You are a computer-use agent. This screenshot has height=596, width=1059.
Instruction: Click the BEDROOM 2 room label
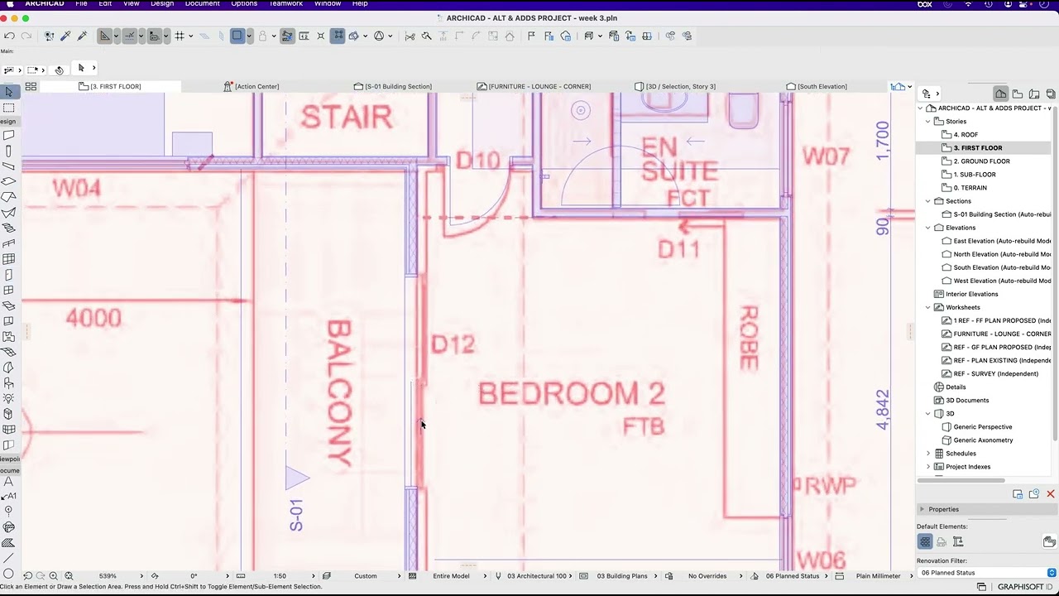[571, 394]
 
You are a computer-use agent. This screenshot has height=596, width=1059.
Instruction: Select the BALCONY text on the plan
[339, 394]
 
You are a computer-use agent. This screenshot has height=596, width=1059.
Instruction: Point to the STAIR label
[346, 118]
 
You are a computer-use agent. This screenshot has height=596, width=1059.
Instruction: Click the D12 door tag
[453, 344]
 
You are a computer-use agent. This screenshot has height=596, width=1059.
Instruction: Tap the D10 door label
[477, 160]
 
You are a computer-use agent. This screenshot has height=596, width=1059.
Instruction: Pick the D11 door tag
[678, 248]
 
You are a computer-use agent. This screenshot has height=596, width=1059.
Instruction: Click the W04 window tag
[76, 189]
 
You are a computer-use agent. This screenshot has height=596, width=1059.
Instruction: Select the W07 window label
[826, 156]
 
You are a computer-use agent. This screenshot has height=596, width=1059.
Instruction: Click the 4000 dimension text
[93, 318]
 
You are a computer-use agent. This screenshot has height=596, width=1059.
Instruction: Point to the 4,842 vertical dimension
[883, 409]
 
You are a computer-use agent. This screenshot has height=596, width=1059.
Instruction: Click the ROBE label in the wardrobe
[748, 338]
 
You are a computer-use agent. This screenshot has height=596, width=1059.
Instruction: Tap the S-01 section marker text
[296, 514]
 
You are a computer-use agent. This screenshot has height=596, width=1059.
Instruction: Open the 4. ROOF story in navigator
[966, 134]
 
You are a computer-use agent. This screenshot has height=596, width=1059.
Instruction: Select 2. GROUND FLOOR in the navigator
[981, 161]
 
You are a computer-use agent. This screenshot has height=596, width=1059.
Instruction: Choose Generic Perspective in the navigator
[983, 427]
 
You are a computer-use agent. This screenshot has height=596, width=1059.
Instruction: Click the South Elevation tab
[822, 86]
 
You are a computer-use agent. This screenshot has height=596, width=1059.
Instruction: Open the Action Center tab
[256, 86]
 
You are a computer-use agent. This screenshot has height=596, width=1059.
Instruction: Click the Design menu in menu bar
[162, 4]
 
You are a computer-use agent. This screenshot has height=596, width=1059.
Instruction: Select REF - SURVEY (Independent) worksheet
[995, 373]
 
